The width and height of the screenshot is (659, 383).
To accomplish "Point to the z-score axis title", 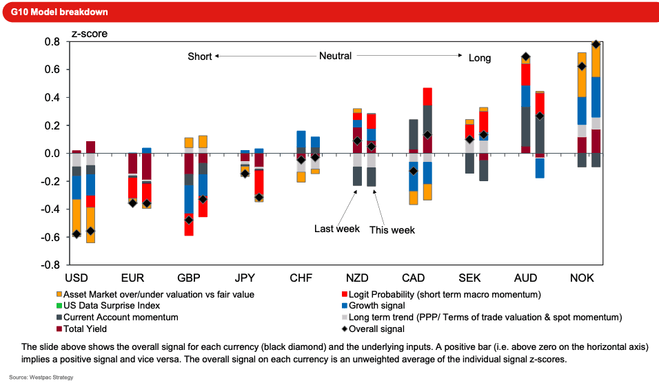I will (x=90, y=33).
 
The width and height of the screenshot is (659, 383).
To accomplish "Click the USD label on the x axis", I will (x=76, y=278).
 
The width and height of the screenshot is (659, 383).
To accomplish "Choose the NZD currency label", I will (x=357, y=278).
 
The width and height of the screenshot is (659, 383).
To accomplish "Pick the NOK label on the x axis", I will (x=582, y=278).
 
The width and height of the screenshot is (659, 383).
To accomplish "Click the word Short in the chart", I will (x=200, y=56).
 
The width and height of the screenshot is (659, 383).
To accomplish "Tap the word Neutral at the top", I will (x=335, y=56).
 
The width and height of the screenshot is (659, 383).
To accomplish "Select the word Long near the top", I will (x=480, y=58).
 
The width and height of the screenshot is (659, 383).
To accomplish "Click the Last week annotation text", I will (x=337, y=229).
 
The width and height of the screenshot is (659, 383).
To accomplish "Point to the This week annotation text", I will (x=392, y=230).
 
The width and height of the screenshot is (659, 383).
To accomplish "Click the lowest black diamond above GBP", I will (x=188, y=220).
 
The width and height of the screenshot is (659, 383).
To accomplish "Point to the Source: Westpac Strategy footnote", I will (x=41, y=377).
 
